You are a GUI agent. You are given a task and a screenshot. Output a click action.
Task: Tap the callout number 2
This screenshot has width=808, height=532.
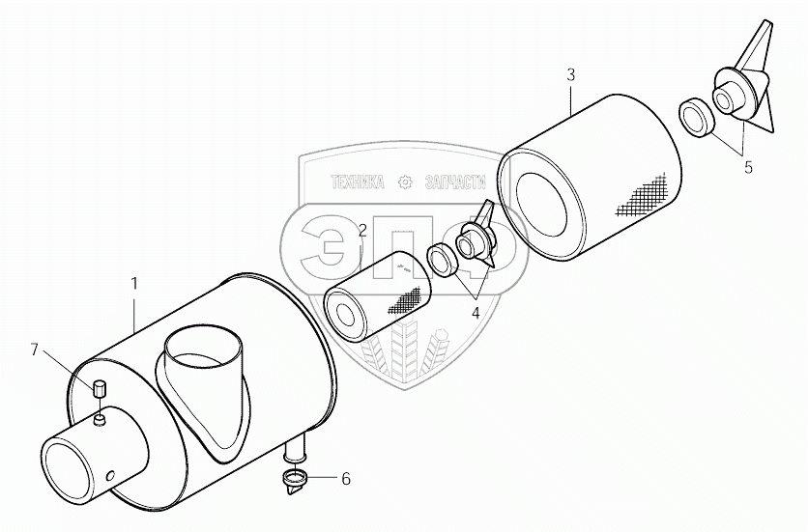click(x=361, y=230)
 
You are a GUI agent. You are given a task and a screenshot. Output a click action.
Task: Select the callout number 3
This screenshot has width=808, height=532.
click(x=571, y=74)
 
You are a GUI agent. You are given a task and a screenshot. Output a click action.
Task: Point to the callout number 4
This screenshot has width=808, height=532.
click(x=476, y=312)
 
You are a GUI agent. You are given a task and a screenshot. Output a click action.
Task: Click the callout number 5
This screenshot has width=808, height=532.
click(x=747, y=166)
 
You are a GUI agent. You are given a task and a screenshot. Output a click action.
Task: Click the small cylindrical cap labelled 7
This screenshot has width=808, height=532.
click(x=98, y=391)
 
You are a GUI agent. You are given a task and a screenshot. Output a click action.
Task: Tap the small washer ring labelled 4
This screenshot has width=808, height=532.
click(x=442, y=259)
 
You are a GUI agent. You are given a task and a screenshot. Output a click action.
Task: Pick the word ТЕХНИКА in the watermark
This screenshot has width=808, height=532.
click(x=358, y=181)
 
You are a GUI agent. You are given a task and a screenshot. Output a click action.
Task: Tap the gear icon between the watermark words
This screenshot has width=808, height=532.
click(x=405, y=181)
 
